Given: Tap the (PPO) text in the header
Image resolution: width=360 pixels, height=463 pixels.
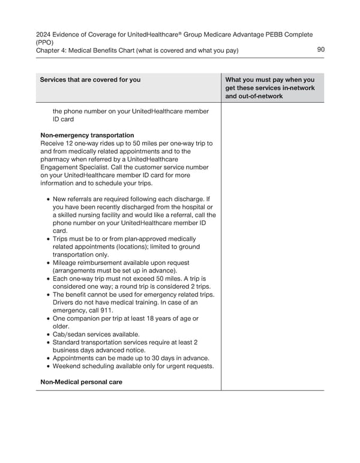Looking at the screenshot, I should tap(46, 43).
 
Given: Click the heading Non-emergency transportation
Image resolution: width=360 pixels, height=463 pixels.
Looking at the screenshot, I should tap(87, 135).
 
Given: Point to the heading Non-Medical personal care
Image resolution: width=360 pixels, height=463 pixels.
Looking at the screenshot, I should tap(82, 381).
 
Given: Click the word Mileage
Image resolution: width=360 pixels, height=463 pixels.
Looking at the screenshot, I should tap(66, 262).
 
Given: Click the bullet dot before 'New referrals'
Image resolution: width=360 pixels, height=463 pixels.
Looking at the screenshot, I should tap(48, 199).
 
